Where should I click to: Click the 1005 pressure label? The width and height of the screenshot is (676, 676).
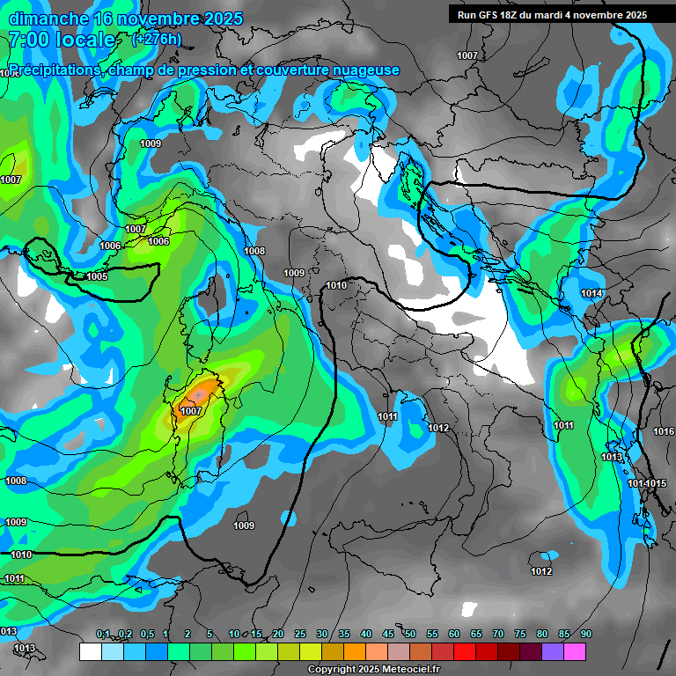click(x=97, y=276)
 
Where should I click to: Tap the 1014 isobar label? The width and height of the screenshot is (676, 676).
click(x=591, y=293)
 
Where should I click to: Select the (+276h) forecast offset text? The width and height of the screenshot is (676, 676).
click(x=156, y=39)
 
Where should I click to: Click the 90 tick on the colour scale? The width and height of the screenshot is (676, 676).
click(x=585, y=635)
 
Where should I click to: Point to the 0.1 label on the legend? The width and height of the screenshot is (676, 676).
click(x=103, y=635)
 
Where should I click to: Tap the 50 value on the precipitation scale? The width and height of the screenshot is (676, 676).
click(x=410, y=635)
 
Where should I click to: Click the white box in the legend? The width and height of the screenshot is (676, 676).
click(x=90, y=652)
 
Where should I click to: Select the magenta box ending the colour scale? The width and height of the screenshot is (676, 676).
click(x=574, y=652)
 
